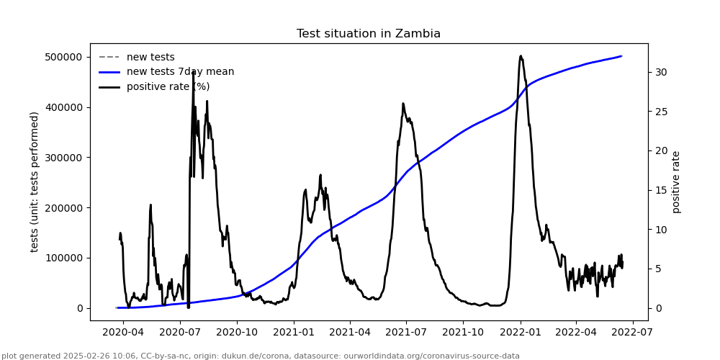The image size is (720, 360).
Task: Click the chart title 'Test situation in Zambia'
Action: coord(368,34)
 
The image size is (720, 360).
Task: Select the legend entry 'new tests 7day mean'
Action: coord(180,72)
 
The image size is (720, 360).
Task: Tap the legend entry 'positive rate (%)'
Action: coord(168,87)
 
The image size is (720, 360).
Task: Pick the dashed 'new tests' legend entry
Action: coord(150,58)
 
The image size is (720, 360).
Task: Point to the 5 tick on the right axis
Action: coord(657,269)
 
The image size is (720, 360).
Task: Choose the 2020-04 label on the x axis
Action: coord(123,333)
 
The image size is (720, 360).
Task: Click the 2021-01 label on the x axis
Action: coord(293,333)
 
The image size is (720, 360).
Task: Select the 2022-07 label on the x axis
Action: coord(633,333)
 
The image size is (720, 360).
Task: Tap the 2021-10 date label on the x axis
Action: coord(463,333)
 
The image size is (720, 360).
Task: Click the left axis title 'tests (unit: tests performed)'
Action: coord(35,181)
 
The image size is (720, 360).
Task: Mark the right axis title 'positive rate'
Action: coord(676,181)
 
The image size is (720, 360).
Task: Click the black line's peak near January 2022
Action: coord(521,55)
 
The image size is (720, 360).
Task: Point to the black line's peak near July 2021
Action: coord(403,103)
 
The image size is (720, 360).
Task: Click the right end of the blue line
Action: coord(621,56)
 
